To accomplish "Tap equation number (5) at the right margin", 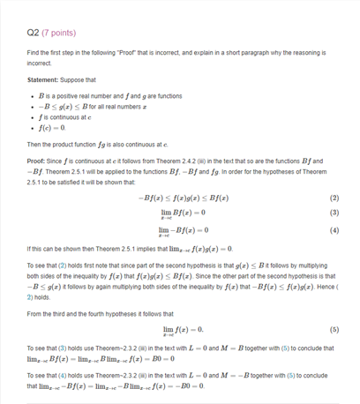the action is pyautogui.click(x=334, y=330).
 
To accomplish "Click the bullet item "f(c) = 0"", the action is pyautogui.click(x=54, y=129).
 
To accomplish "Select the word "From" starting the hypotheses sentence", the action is pyautogui.click(x=36, y=313).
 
